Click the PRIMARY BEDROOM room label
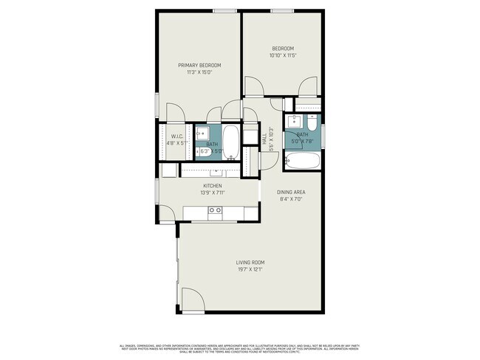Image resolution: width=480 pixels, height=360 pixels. (x=199, y=65)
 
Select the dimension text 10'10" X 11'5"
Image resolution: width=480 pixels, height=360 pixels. (x=282, y=55)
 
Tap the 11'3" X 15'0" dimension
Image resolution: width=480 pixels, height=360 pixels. (x=199, y=72)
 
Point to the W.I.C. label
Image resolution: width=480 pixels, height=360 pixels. (x=176, y=136)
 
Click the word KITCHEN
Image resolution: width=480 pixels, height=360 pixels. (x=213, y=186)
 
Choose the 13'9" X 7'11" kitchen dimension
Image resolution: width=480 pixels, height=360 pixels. (x=213, y=193)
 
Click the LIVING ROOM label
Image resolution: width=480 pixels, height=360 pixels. (x=250, y=263)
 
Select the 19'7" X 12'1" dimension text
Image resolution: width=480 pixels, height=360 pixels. (x=250, y=269)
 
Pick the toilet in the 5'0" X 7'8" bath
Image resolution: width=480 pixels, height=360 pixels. (x=311, y=122)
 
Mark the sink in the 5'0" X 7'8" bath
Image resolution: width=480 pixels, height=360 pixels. (x=293, y=122)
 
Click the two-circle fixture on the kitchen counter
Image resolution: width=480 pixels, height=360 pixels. (x=216, y=210)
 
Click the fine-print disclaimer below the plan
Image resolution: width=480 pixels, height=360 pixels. (x=240, y=349)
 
